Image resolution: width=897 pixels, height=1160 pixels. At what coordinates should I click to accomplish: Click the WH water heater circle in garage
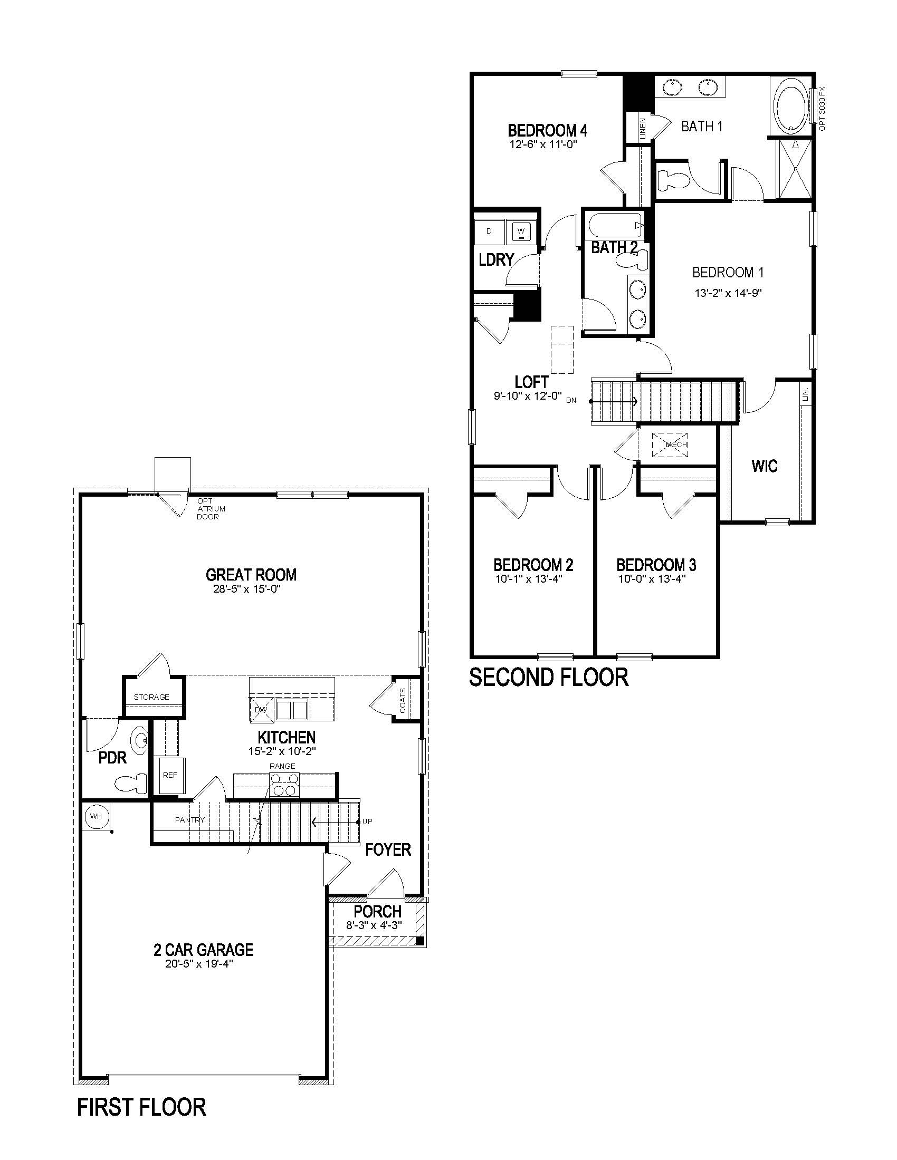click(96, 816)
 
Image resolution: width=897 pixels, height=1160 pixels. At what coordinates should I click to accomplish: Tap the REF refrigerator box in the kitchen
click(170, 775)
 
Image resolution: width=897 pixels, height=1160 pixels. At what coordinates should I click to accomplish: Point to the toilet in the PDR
click(131, 784)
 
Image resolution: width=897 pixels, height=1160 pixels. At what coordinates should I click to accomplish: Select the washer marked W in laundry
click(521, 231)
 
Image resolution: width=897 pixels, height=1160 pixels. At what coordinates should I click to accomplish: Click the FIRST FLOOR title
click(141, 1107)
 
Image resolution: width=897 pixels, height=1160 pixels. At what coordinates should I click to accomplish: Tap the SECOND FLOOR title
click(549, 677)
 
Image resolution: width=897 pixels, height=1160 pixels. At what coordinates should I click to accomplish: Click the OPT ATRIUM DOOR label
click(211, 509)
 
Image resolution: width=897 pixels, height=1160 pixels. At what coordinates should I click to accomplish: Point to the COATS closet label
click(402, 701)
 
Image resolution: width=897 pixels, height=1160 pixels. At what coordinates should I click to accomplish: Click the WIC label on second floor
click(765, 466)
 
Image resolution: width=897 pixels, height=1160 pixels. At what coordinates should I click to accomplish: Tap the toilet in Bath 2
click(632, 260)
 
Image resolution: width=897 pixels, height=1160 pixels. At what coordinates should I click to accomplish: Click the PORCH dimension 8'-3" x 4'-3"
click(374, 925)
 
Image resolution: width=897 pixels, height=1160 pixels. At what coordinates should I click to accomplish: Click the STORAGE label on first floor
click(151, 697)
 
